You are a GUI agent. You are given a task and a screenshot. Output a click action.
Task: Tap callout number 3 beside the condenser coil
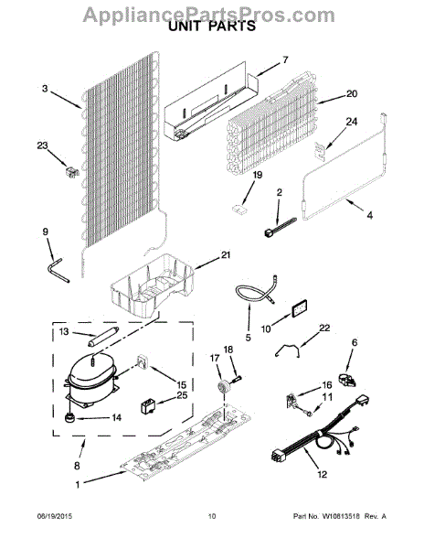44,89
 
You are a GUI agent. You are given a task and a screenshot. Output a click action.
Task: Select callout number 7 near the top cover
284,59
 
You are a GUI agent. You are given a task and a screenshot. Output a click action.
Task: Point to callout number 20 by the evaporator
352,93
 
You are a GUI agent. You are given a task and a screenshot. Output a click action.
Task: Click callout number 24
352,121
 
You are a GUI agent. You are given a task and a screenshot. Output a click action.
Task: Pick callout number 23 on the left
41,144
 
